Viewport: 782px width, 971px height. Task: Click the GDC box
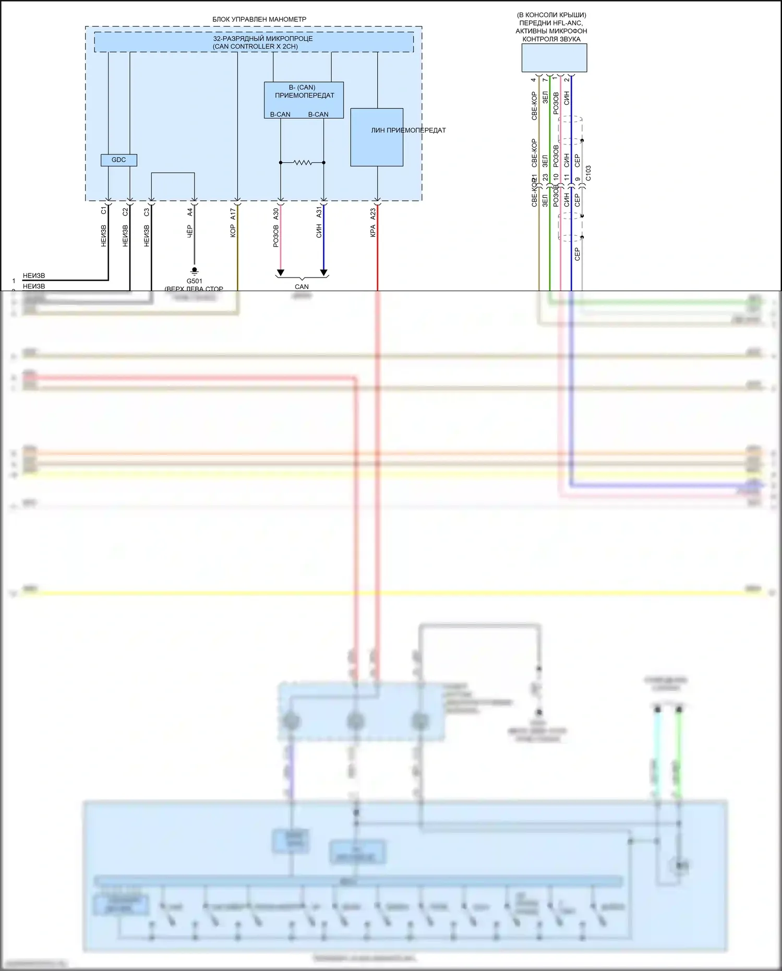pos(118,160)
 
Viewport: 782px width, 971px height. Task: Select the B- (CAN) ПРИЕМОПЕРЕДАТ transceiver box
pos(304,99)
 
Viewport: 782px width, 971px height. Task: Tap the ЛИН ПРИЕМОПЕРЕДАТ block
pos(377,137)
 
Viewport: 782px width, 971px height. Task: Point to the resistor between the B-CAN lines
pos(303,163)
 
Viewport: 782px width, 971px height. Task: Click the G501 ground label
pos(194,281)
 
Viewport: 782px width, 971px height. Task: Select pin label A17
pos(233,213)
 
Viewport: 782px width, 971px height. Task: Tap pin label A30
pos(276,213)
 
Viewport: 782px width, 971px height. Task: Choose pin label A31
pos(319,212)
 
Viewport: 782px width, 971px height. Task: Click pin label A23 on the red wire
pos(373,214)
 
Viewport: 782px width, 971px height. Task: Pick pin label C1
pos(104,210)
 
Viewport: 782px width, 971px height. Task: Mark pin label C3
pos(147,212)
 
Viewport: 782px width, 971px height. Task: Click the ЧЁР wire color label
pos(190,232)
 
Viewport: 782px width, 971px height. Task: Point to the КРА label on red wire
pos(373,231)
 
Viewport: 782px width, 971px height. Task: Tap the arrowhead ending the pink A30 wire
pos(281,272)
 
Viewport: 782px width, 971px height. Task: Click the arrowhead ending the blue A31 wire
pos(323,272)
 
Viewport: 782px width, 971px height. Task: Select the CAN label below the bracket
pos(302,286)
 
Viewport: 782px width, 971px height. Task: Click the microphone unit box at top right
pos(554,57)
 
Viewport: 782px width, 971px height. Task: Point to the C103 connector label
pos(588,174)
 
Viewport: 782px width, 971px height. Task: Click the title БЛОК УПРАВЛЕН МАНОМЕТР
pos(259,19)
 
